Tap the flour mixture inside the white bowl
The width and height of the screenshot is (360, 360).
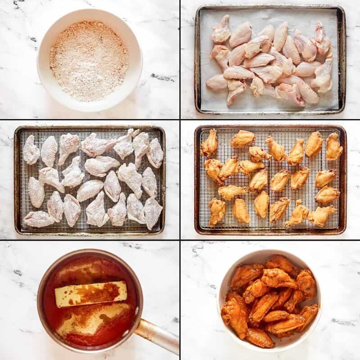point(89,61)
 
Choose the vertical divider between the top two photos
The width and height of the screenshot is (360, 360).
point(180,58)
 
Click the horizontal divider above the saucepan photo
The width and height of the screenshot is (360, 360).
point(90,240)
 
